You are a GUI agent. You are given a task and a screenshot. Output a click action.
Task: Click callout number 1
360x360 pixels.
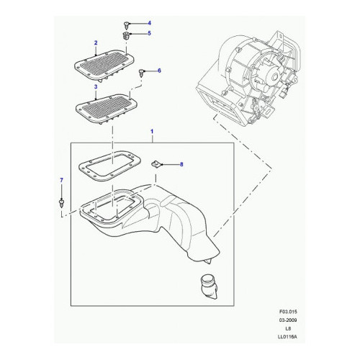coord(152,132)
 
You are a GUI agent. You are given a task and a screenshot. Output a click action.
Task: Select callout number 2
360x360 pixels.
coord(96,43)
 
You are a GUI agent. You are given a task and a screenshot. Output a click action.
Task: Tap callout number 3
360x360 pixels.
coord(96,86)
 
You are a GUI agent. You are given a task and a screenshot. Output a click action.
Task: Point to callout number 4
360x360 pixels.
coord(149,23)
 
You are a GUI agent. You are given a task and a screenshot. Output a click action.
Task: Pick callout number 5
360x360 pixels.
coord(149,33)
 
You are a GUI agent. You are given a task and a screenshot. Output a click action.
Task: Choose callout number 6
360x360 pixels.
coord(159,71)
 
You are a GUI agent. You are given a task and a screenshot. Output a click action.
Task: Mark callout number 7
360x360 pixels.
coord(61,180)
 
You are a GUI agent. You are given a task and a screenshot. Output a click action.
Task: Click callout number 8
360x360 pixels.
coord(181,164)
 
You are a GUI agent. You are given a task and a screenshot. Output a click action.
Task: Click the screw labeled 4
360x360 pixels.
coord(126,24)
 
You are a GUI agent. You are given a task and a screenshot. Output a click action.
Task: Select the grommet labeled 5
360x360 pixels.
coord(126,35)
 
